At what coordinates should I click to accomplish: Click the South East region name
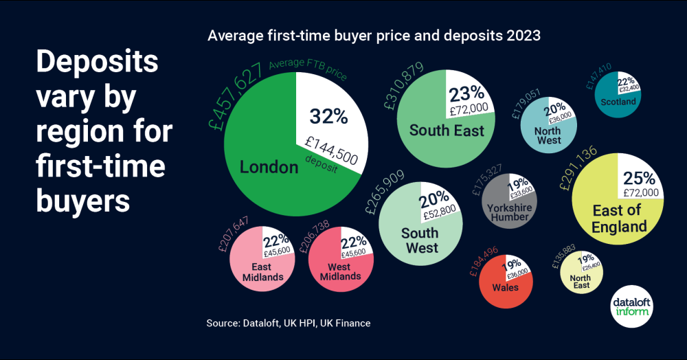447,130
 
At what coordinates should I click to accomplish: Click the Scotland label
618,102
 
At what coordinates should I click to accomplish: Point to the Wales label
505,287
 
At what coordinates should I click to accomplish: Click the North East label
581,282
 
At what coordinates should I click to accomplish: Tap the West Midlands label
340,271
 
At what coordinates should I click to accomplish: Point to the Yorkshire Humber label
509,212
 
